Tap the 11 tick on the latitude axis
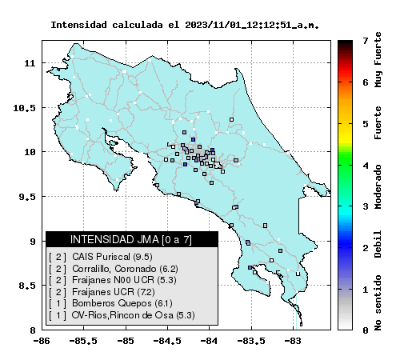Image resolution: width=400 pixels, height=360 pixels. pyautogui.click(x=30, y=63)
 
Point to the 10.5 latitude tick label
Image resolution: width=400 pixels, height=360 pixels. pyautogui.click(x=24, y=108)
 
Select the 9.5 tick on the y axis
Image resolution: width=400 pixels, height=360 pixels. pyautogui.click(x=27, y=197)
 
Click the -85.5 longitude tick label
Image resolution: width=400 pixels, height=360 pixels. pyautogui.click(x=83, y=341)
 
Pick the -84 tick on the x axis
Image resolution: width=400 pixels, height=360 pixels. pyautogui.click(x=210, y=341)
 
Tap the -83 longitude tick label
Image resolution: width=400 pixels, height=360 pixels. pyautogui.click(x=294, y=341)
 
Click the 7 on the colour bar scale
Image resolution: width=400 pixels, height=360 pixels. pyautogui.click(x=366, y=41)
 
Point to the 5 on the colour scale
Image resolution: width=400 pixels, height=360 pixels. pyautogui.click(x=366, y=124)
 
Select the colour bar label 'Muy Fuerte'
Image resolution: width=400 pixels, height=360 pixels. pyautogui.click(x=378, y=60)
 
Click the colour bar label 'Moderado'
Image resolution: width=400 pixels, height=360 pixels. pyautogui.click(x=378, y=186)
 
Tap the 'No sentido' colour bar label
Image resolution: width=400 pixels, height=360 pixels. pyautogui.click(x=378, y=303)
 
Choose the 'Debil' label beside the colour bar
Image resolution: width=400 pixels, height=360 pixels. pyautogui.click(x=378, y=244)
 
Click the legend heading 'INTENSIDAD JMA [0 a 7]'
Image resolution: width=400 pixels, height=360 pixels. pyautogui.click(x=131, y=239)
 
